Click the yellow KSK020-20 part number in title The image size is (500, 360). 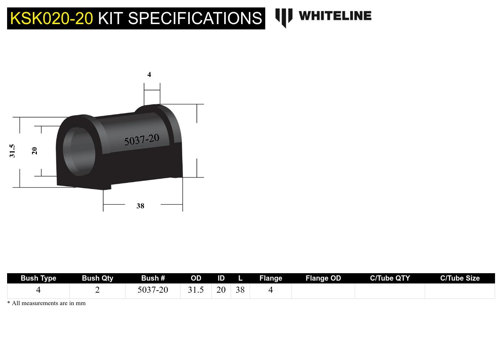51,18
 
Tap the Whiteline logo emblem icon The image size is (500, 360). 284,17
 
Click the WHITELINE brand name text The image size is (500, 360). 335,16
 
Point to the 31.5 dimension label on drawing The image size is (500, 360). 12,151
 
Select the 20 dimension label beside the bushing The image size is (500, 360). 34,151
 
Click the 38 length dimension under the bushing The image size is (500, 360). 140,206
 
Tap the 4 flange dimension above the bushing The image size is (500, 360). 149,74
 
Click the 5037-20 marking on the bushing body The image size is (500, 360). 141,140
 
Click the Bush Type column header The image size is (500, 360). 38,278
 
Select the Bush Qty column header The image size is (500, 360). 98,278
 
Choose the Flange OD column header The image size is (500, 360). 323,278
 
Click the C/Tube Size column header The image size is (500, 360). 460,278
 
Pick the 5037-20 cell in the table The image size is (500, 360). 153,290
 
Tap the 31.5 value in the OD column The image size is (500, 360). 196,290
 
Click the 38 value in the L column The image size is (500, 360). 240,290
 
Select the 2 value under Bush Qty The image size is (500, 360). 98,290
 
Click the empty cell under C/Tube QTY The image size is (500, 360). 390,291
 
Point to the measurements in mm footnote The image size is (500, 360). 46,303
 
